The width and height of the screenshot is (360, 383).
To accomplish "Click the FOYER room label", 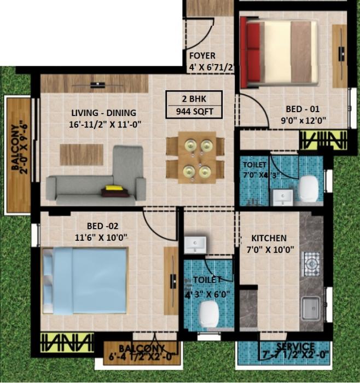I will click(x=202, y=56).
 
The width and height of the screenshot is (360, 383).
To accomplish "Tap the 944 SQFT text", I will click(x=195, y=112).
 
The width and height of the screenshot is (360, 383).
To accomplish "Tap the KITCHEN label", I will click(x=269, y=239).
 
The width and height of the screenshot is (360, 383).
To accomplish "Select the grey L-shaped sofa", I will click(x=98, y=181).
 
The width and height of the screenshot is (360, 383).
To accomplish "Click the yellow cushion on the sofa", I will click(x=114, y=188).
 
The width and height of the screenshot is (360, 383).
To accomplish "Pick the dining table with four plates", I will click(x=195, y=158).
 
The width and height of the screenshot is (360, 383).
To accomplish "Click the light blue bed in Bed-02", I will click(x=85, y=280).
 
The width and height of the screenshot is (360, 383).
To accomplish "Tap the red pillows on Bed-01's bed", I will click(x=252, y=54).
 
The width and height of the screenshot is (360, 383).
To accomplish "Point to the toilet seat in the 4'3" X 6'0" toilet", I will click(x=209, y=314).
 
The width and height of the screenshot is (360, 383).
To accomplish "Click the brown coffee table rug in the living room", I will click(x=82, y=154).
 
